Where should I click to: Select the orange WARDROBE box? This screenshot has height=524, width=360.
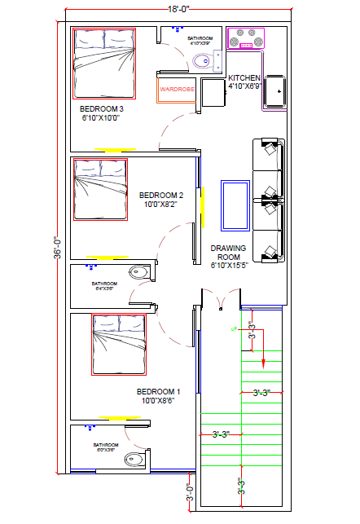(x=177, y=89)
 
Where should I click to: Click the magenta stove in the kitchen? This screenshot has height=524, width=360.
(x=246, y=38)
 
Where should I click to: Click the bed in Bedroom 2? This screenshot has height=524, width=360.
(x=102, y=189)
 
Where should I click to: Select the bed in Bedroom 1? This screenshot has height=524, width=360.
(x=118, y=345)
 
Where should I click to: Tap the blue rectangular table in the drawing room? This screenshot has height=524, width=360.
(x=235, y=206)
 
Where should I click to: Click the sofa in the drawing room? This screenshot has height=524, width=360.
(x=269, y=200)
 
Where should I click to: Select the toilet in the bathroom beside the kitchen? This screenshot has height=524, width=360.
(x=200, y=59)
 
